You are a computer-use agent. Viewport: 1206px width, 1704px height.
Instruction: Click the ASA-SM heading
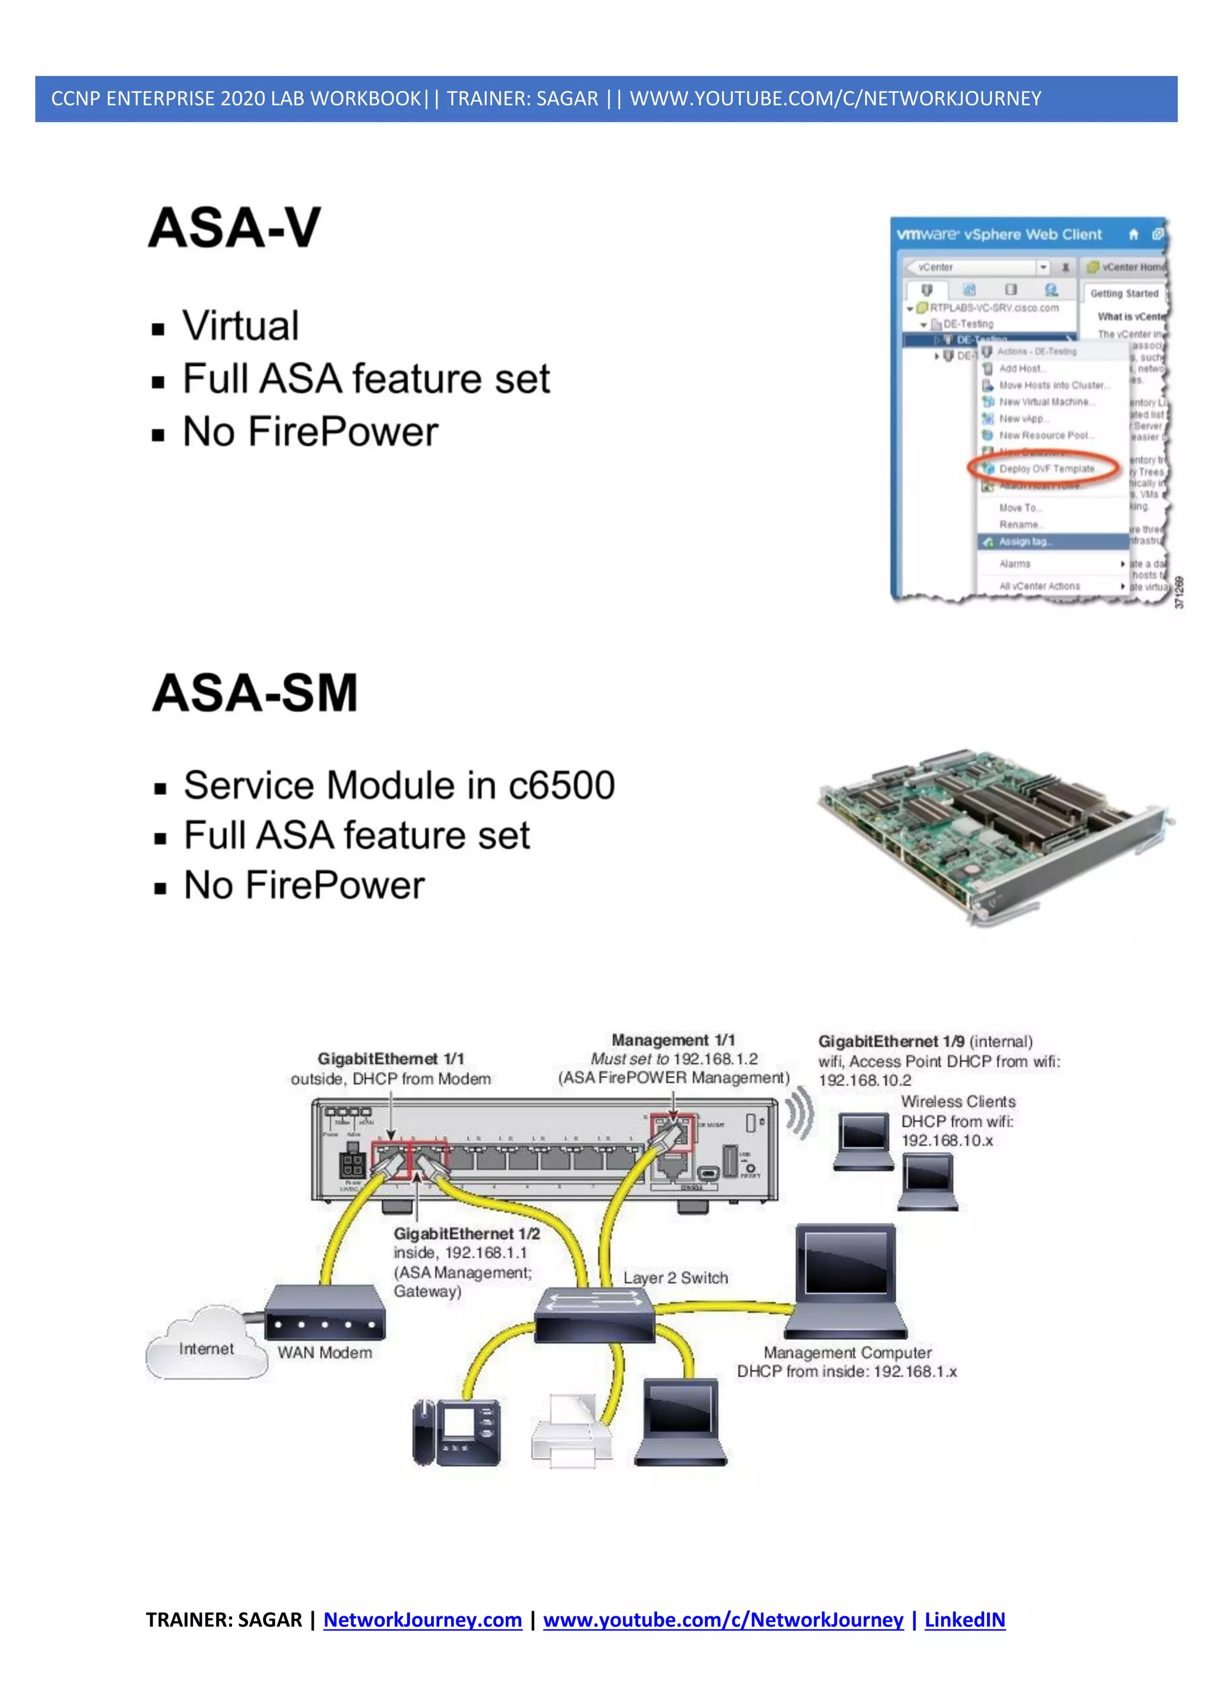point(255,693)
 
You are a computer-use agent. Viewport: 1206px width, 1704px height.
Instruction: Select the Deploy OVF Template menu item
point(1046,469)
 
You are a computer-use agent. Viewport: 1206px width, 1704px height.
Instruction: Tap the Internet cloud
point(206,1349)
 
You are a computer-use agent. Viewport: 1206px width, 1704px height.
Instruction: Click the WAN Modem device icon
point(324,1314)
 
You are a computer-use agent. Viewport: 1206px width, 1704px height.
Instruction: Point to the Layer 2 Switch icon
point(594,1314)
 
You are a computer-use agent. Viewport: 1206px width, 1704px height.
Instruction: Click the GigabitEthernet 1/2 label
point(466,1233)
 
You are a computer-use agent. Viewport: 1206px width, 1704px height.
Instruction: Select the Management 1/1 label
point(673,1040)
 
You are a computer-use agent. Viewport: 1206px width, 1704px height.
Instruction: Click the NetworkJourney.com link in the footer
point(423,1619)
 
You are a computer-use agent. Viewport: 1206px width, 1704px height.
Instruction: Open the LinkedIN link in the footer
point(964,1619)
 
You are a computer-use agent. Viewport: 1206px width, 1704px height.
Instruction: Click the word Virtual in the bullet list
point(241,326)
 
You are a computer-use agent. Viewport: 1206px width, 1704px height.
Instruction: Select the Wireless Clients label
point(958,1101)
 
